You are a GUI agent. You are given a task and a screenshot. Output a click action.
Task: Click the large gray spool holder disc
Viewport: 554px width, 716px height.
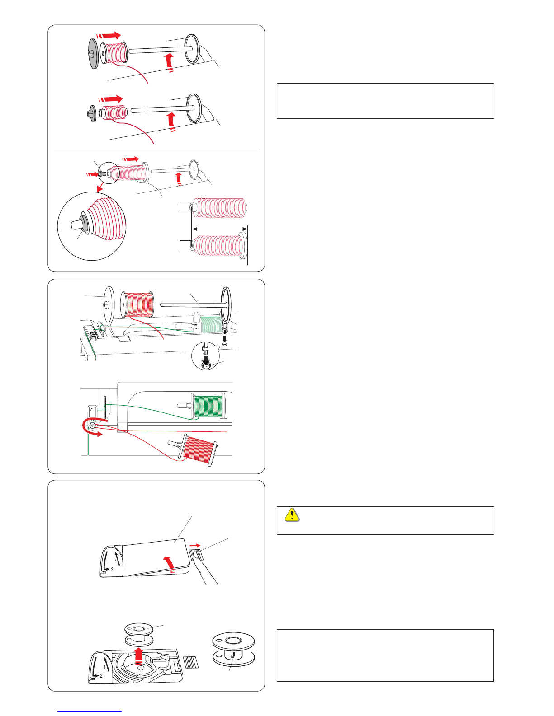[94, 53]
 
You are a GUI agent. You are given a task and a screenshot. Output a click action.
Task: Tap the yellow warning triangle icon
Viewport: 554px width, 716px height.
[292, 515]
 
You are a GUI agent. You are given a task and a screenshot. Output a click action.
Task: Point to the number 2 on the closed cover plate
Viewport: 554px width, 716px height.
[112, 569]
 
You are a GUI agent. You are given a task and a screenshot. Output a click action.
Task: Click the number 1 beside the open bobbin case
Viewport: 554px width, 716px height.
[104, 666]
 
